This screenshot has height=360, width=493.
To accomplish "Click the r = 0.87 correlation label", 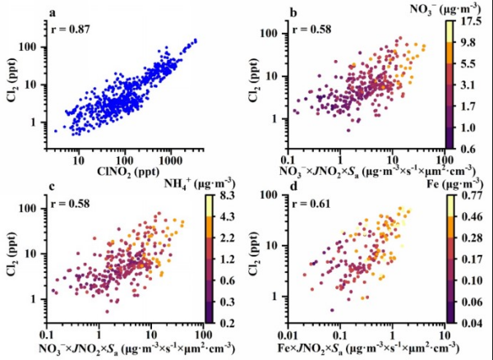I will pyautogui.click(x=70, y=30).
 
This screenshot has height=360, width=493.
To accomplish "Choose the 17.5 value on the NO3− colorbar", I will pyautogui.click(x=472, y=21).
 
